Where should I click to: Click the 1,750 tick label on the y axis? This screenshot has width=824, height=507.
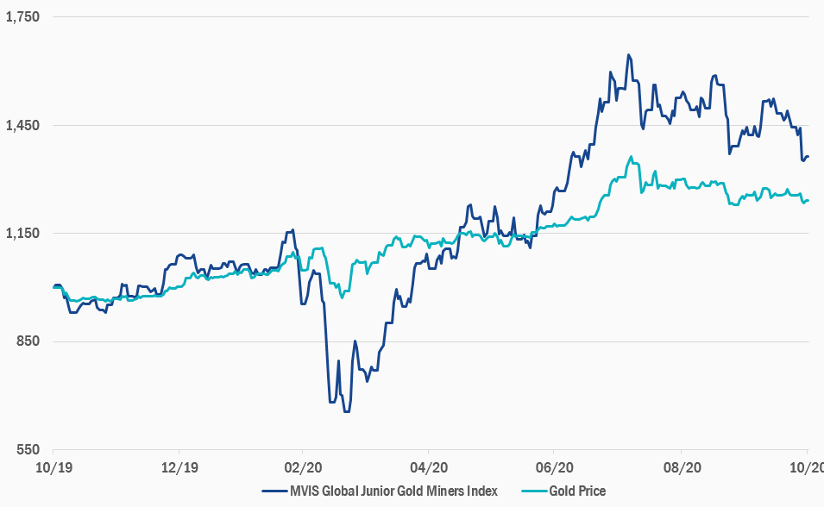[22, 16]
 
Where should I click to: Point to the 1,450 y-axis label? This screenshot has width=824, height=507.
[22, 125]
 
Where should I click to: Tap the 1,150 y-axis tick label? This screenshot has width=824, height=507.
[22, 234]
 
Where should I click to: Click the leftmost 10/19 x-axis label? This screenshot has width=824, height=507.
[53, 467]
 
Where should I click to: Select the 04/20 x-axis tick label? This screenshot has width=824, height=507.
[429, 467]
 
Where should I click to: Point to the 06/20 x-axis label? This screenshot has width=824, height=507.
[555, 467]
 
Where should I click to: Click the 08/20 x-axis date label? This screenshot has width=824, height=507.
[681, 467]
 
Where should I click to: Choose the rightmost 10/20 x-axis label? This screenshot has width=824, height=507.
[807, 467]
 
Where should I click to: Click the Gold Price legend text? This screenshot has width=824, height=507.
[577, 491]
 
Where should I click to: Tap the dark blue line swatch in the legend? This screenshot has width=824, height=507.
[274, 491]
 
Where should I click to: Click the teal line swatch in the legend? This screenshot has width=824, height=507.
[533, 491]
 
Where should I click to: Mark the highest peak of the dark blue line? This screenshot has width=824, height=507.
[629, 55]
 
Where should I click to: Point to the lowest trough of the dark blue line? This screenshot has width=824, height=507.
[346, 411]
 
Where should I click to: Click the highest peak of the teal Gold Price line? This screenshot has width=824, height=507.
[632, 157]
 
